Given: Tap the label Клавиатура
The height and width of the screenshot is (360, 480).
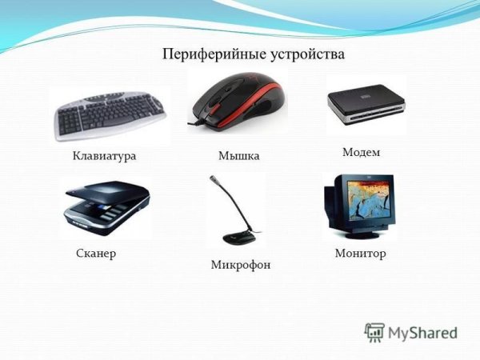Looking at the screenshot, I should (104, 155).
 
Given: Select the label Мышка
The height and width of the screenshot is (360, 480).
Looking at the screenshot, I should (238, 155).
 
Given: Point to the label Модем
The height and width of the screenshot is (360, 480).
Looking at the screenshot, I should (361, 151).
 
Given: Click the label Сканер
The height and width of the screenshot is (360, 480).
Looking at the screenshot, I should (95, 253).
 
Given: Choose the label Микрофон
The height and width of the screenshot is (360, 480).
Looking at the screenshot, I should (241, 264).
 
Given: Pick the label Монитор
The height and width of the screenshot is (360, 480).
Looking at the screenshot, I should (360, 253).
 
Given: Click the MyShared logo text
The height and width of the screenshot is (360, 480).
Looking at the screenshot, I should (422, 332).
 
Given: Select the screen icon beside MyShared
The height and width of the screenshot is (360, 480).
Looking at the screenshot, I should (374, 332).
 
